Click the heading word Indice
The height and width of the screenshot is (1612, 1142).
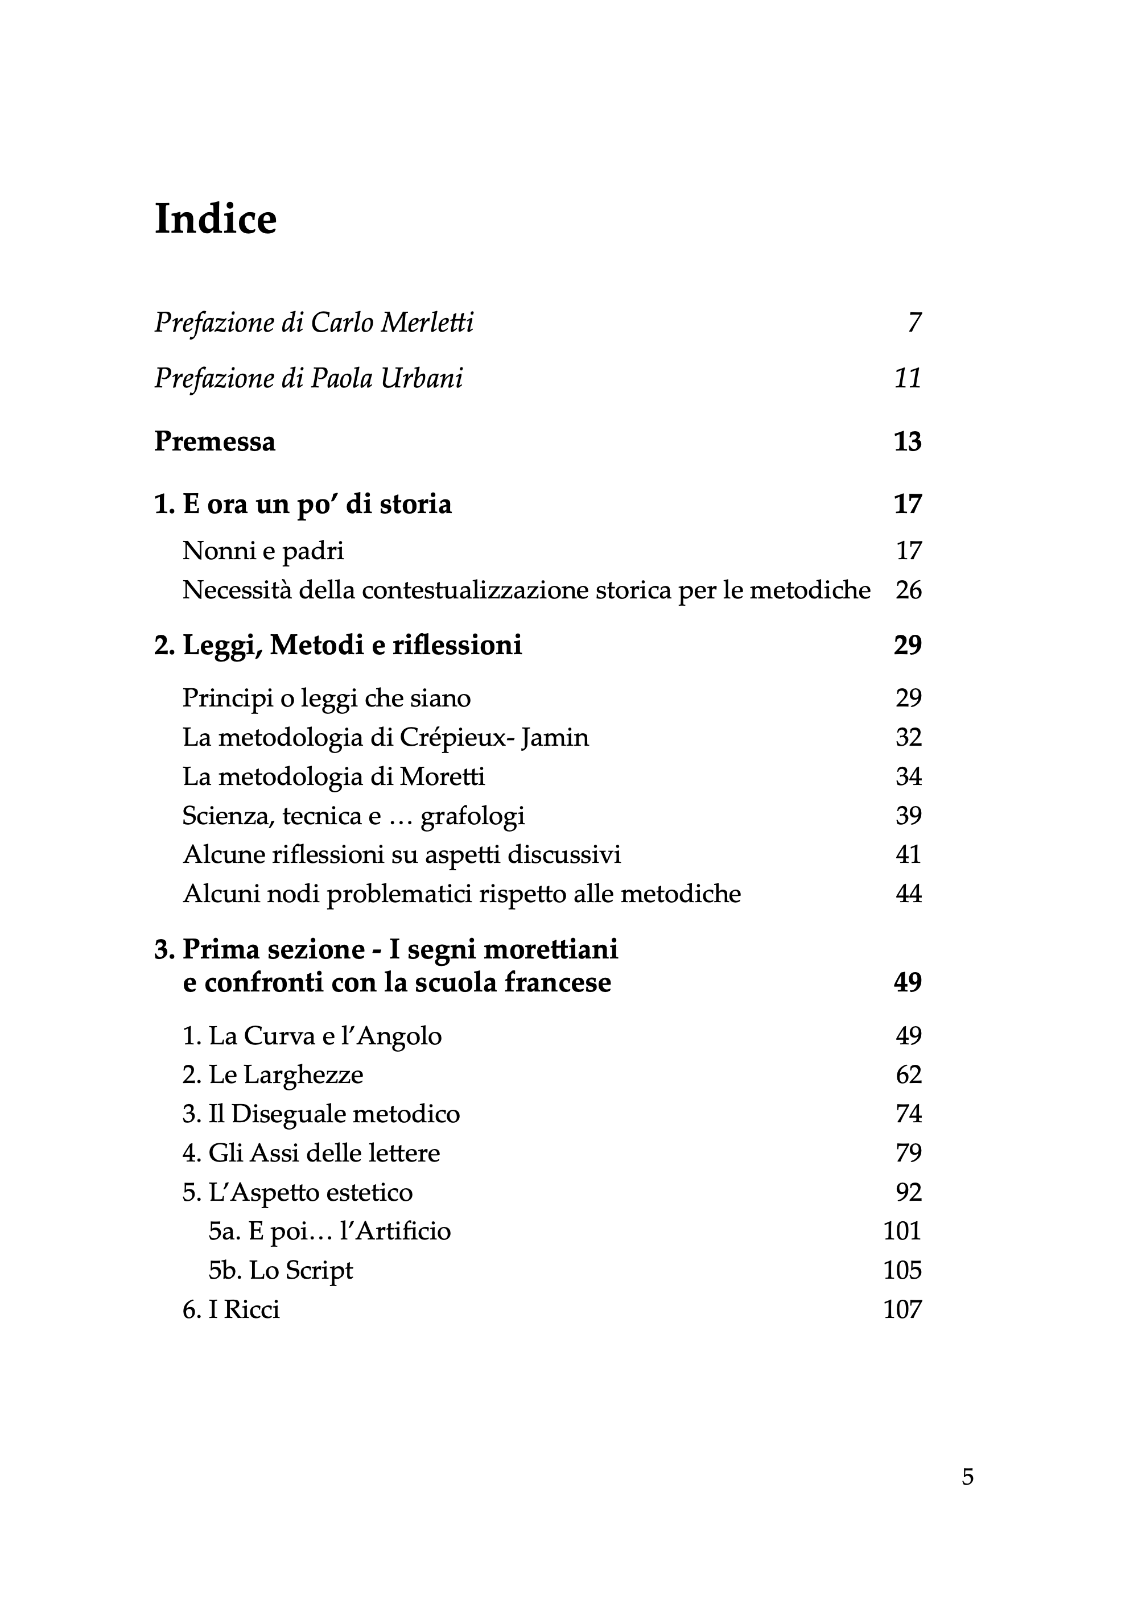tap(215, 220)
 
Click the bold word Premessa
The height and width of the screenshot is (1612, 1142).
tap(215, 441)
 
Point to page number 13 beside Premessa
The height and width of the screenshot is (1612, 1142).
tap(907, 441)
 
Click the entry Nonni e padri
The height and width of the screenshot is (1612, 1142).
tap(263, 551)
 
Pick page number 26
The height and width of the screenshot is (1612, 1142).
tap(908, 590)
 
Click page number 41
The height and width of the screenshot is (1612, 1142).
tap(908, 855)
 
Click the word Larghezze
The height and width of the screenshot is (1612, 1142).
tap(303, 1075)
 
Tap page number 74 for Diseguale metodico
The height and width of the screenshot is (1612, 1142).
tap(908, 1114)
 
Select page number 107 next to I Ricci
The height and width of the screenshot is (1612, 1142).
tap(902, 1310)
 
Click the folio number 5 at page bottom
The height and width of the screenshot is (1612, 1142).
tap(968, 1477)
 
